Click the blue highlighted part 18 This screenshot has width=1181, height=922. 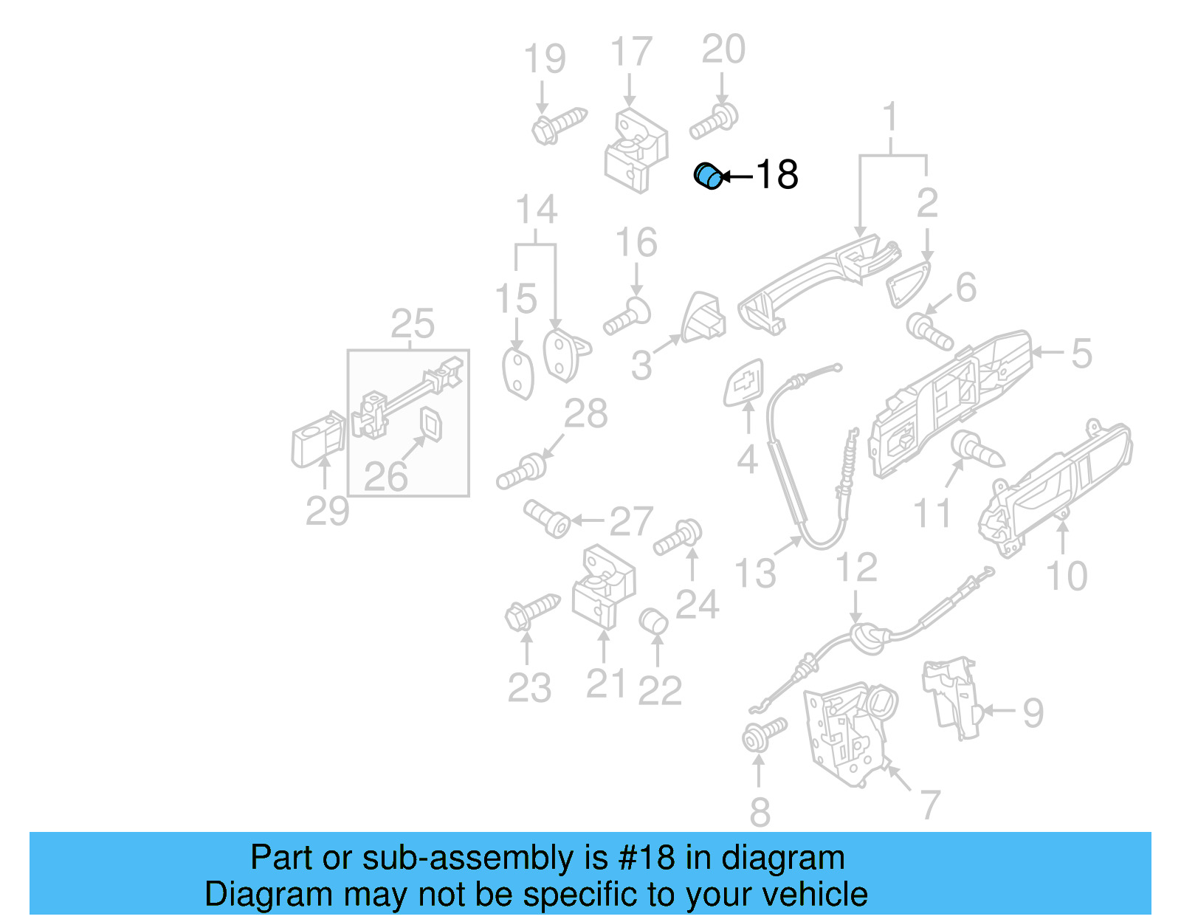pos(709,176)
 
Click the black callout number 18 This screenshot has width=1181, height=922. pos(777,175)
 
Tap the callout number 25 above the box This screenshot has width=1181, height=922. pos(412,323)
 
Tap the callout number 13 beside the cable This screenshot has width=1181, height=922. pos(754,573)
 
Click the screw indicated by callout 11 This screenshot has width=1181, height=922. pos(976,449)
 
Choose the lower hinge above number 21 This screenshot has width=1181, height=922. pos(603,587)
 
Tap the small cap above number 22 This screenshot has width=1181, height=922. pos(653,622)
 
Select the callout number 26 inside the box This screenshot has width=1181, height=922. pos(385,477)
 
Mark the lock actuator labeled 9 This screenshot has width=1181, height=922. pos(952,694)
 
